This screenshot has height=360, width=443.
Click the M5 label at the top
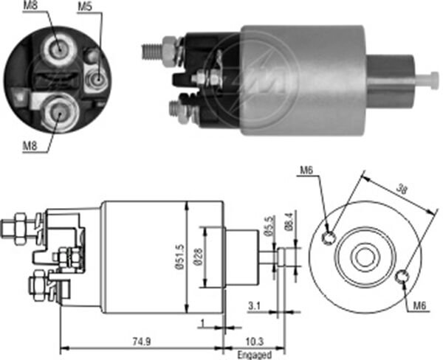pyautogui.click(x=85, y=7)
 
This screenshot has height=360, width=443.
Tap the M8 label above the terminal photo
pyautogui.click(x=30, y=6)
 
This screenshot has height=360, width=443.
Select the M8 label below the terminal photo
pyautogui.click(x=30, y=146)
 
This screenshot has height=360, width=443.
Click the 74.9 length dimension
pyautogui.click(x=142, y=342)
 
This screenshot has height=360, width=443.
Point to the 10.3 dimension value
pyautogui.click(x=255, y=342)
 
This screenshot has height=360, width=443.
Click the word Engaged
pyautogui.click(x=255, y=355)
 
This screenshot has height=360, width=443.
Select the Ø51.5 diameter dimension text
pyautogui.click(x=180, y=257)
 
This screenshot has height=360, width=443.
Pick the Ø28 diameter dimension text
pyautogui.click(x=199, y=257)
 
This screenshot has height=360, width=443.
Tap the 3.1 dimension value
pyautogui.click(x=254, y=306)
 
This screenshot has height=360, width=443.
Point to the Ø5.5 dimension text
pyautogui.click(x=269, y=226)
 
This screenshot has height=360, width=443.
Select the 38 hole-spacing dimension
pyautogui.click(x=402, y=189)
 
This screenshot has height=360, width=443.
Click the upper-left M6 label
pyautogui.click(x=307, y=170)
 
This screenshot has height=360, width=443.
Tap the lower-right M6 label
pyautogui.click(x=420, y=305)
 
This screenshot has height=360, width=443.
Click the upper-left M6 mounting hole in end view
pyautogui.click(x=329, y=238)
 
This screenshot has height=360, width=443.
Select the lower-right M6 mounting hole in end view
pyautogui.click(x=402, y=277)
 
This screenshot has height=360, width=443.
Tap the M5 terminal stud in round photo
pyautogui.click(x=97, y=79)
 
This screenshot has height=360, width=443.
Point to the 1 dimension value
pyautogui.click(x=202, y=322)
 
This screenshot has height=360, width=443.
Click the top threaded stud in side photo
pyautogui.click(x=152, y=51)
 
